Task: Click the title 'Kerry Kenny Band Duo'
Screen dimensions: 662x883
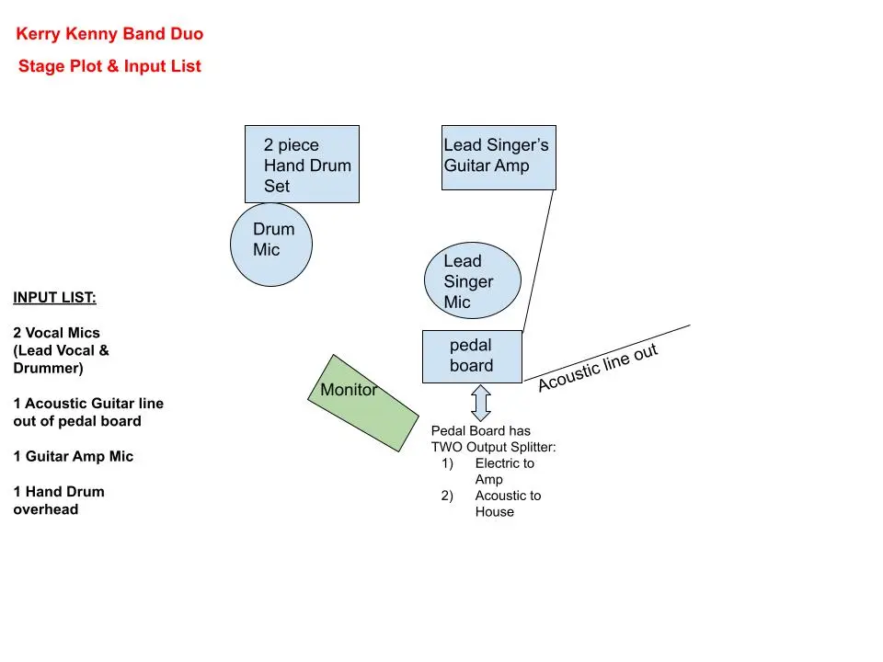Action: (109, 35)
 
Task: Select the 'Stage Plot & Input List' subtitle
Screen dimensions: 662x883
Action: (109, 66)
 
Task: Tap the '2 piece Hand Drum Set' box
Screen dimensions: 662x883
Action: (302, 165)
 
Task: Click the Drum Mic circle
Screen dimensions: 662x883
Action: (270, 244)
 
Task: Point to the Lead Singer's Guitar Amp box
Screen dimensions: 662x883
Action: (499, 157)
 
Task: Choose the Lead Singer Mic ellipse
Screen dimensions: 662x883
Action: (472, 280)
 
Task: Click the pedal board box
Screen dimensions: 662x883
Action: (472, 356)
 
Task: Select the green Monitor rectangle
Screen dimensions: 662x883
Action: (361, 403)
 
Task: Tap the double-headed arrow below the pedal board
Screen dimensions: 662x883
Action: (481, 403)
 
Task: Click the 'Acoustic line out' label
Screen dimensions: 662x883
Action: (598, 368)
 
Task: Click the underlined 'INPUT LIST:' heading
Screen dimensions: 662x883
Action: (54, 298)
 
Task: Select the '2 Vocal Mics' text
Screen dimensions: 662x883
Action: (57, 333)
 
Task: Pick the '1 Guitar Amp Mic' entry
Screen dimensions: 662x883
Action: (73, 456)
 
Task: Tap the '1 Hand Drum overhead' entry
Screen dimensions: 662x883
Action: (59, 500)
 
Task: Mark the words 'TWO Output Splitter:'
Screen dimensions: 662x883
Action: (493, 447)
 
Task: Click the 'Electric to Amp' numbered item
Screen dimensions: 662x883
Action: (503, 471)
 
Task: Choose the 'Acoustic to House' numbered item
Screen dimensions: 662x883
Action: (507, 503)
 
